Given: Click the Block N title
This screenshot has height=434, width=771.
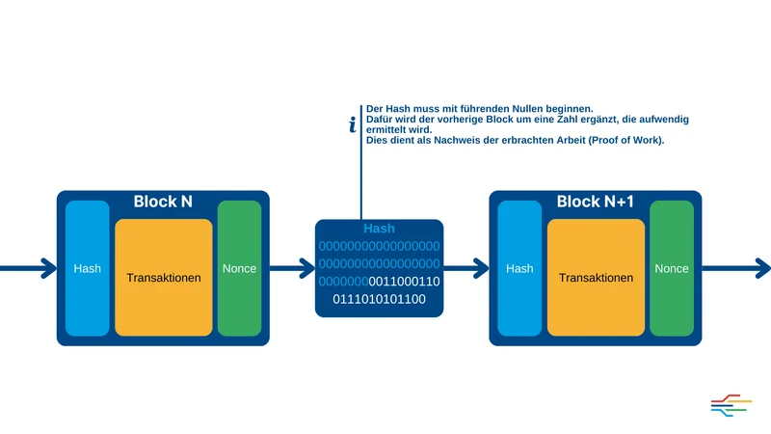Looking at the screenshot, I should [162, 202].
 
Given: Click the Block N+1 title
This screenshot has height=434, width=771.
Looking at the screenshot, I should [596, 202].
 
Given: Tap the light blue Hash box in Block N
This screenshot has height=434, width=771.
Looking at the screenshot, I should [87, 268].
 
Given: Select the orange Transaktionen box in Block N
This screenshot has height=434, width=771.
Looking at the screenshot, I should [163, 277].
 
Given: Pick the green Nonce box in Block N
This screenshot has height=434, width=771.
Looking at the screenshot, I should [239, 268].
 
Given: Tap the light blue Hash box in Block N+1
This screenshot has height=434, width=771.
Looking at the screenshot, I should [519, 268].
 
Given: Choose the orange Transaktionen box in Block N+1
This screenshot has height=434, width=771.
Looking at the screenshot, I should [596, 277].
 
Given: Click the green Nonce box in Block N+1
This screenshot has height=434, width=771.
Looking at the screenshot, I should [672, 268].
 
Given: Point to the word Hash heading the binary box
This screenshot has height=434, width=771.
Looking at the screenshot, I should [379, 229].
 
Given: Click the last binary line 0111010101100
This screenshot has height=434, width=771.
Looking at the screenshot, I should [379, 299].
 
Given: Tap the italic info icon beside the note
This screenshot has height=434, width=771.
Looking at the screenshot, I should [353, 124].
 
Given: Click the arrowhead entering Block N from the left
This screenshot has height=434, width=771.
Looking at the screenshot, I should [48, 268].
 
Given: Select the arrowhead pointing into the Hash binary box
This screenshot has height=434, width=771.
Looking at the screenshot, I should [307, 268].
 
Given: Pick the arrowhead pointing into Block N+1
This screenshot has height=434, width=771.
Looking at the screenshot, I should [481, 268].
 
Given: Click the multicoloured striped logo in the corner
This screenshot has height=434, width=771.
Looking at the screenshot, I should [731, 405].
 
